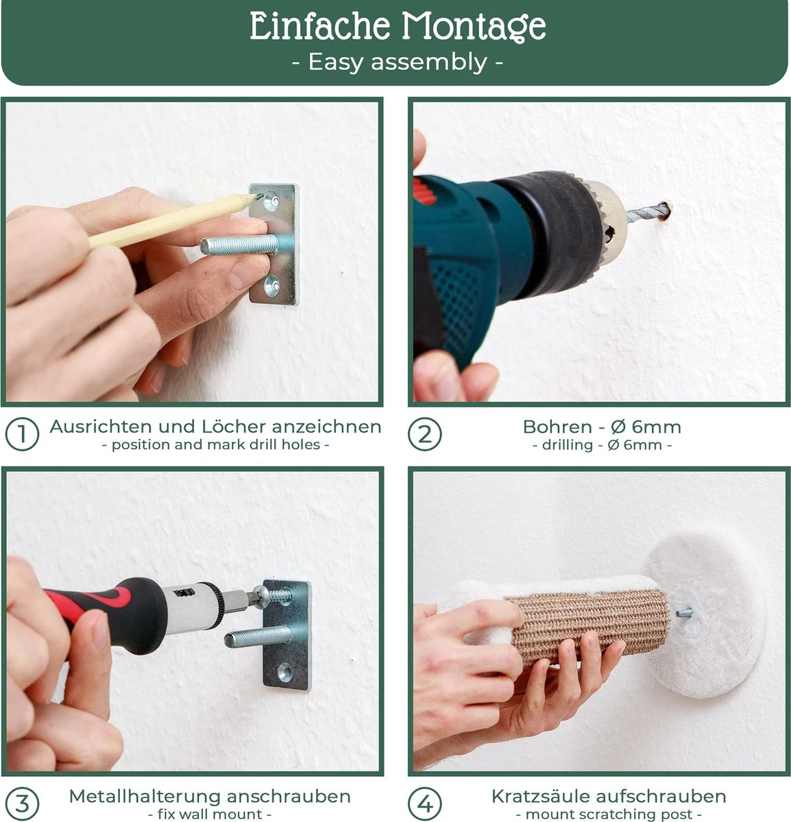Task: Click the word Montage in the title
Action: pyautogui.click(x=474, y=26)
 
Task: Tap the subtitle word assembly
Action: pyautogui.click(x=428, y=62)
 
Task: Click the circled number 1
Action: pyautogui.click(x=23, y=434)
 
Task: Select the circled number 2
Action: pyautogui.click(x=425, y=434)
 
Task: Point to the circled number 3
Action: pyautogui.click(x=23, y=803)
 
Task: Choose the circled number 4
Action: pyautogui.click(x=425, y=803)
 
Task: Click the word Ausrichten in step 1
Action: pyautogui.click(x=101, y=427)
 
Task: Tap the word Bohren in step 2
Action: pyautogui.click(x=557, y=427)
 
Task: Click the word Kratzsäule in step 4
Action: pyautogui.click(x=542, y=796)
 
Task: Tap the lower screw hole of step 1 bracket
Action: pyautogui.click(x=271, y=286)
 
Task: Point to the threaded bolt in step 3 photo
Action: pyautogui.click(x=258, y=637)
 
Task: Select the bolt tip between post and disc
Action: pyautogui.click(x=683, y=612)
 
